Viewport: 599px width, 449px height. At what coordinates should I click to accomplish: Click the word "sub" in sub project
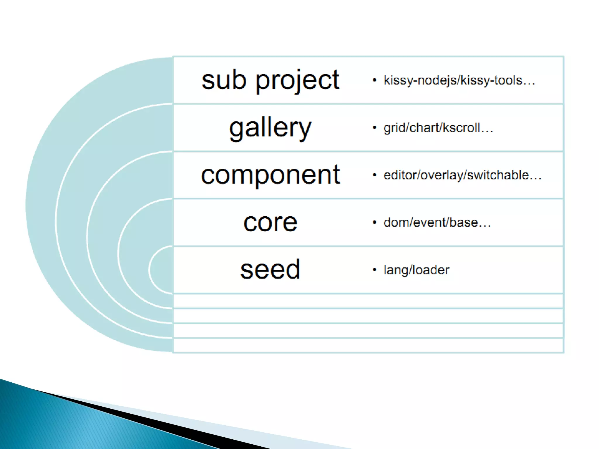[x=224, y=80]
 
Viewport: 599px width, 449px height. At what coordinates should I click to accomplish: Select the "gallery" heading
[x=270, y=128]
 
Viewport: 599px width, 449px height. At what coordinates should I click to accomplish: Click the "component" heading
[x=270, y=175]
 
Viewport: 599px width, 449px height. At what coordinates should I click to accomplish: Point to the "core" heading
[x=270, y=222]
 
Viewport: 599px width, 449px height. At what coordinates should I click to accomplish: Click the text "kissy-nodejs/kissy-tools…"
[x=459, y=80]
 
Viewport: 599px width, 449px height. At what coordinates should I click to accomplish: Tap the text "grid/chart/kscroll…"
[x=438, y=128]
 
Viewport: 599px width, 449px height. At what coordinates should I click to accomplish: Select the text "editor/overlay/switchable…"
[x=462, y=175]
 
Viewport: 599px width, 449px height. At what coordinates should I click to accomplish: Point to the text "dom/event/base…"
[x=437, y=222]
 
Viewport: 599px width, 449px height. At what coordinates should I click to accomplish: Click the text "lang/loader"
[x=416, y=270]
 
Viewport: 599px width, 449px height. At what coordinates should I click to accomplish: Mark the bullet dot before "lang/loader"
[x=374, y=270]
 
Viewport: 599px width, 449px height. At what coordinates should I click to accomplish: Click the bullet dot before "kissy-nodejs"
[x=374, y=80]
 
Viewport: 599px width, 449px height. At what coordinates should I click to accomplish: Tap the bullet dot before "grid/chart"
[x=374, y=127]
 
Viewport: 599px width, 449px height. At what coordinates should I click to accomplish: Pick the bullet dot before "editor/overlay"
[x=374, y=175]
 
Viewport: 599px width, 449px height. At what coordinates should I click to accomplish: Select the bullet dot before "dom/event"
[x=374, y=222]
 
